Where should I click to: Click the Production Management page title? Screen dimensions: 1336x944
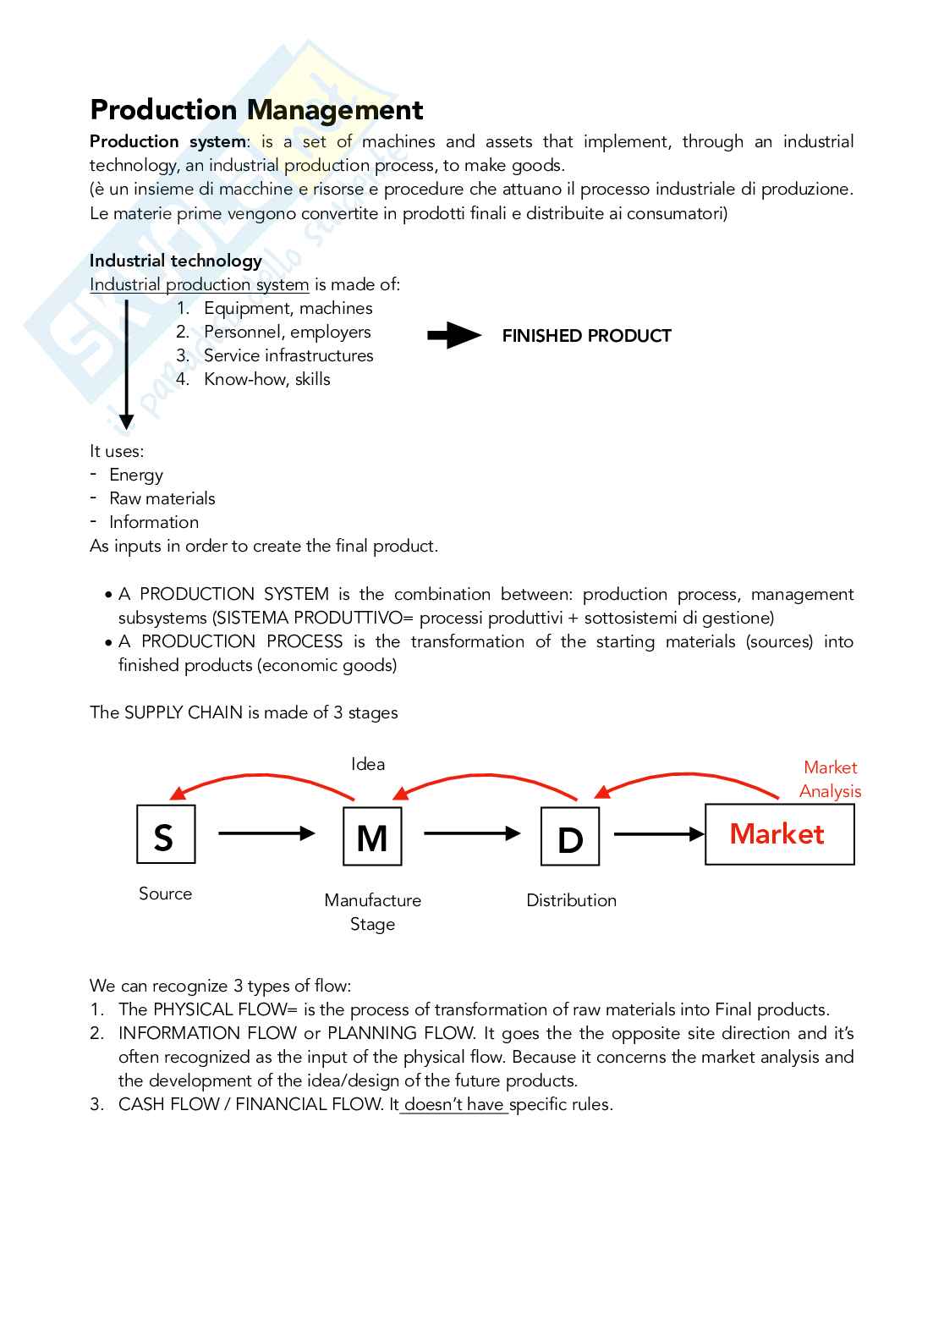coord(256,110)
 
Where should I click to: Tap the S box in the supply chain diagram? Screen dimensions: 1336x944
coord(166,834)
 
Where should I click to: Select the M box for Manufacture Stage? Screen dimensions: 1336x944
coord(372,837)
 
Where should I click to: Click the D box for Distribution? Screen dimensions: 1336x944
coord(570,837)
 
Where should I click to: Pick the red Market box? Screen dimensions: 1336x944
coord(779,834)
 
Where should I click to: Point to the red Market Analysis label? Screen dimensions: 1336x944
coord(830,779)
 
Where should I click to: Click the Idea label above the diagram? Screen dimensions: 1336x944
coord(368,764)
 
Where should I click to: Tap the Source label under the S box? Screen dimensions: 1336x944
coord(166,893)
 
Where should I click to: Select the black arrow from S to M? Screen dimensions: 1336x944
coord(266,833)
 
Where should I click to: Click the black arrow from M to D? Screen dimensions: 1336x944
coord(471,833)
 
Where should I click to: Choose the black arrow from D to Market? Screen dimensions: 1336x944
coord(658,834)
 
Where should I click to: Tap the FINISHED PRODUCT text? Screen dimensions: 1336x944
coord(586,336)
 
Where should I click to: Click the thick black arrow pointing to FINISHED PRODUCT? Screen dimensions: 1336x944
coord(454,336)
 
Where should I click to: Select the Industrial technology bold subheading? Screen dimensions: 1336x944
coord(176,261)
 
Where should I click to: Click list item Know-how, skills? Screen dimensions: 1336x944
coord(266,379)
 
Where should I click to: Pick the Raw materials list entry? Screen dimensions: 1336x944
coord(162,498)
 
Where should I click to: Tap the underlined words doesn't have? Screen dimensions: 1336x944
coord(454,1104)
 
